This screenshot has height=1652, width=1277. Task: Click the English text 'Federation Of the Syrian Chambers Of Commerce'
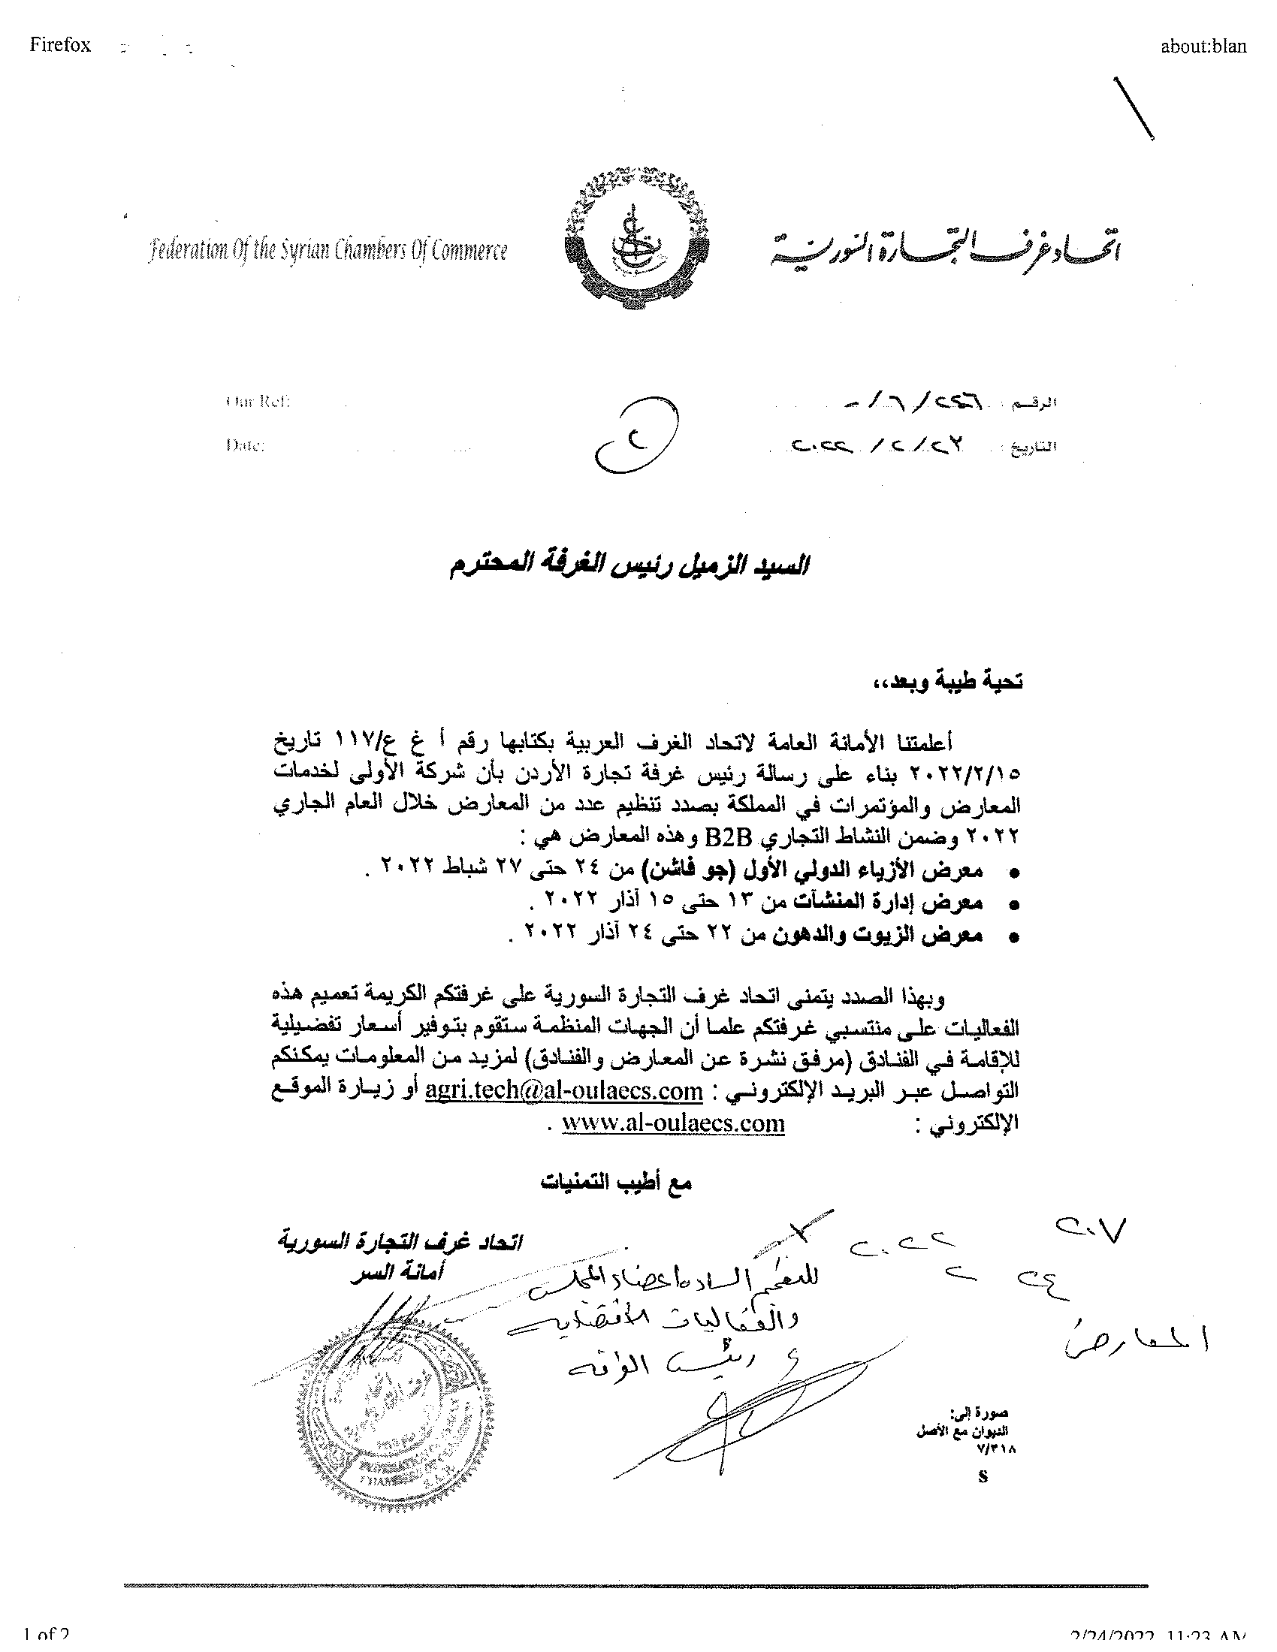coord(328,250)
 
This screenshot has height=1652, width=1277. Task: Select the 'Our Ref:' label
coord(258,402)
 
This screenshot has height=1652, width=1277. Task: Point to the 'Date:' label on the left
coord(245,445)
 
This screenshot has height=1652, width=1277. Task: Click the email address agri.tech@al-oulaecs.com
coord(564,1091)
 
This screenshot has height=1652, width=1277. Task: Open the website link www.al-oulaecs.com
coord(673,1123)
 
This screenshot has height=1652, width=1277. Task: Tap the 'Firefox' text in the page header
coord(60,45)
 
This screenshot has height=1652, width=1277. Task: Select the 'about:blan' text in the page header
coord(1203,46)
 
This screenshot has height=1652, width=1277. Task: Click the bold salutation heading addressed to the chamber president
coord(628,566)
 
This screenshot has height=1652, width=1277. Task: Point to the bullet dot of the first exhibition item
coord(1015,873)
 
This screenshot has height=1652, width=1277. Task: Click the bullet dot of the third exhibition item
coord(1015,939)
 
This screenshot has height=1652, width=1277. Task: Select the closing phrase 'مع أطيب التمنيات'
coord(616,1182)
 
